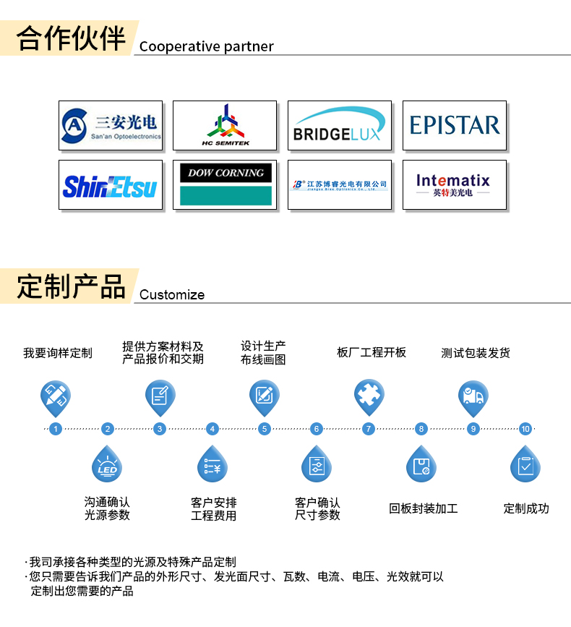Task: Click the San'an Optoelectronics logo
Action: [x=110, y=125]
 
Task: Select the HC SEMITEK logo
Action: [x=225, y=125]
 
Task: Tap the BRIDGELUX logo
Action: [x=340, y=126]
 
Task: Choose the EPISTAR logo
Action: [x=455, y=125]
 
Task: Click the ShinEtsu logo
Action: [x=110, y=185]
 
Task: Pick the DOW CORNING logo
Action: [x=225, y=185]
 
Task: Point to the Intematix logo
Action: [x=454, y=185]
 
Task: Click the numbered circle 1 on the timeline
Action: [x=56, y=429]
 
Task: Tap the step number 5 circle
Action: [x=265, y=429]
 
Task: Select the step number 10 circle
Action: [x=525, y=429]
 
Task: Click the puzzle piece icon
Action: [x=369, y=396]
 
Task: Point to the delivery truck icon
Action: [x=473, y=396]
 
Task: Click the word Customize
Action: [x=172, y=294]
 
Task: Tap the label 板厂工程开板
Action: [x=372, y=352]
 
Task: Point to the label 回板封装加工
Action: [x=424, y=508]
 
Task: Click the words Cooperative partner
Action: [x=207, y=46]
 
